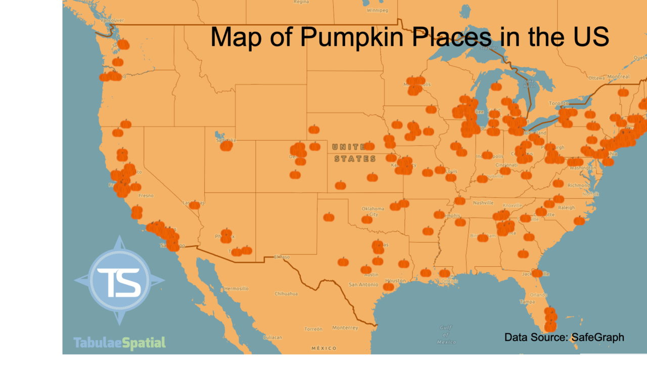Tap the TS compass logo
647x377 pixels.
120,280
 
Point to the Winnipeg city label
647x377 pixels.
377,10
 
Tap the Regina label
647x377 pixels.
301,2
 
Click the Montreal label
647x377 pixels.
618,77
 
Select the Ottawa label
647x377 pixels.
596,78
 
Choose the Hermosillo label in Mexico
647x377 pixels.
236,288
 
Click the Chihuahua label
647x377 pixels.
286,294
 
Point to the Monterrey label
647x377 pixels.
345,327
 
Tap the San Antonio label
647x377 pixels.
363,284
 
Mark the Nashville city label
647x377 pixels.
483,203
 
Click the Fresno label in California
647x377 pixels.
146,195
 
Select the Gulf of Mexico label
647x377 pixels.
445,334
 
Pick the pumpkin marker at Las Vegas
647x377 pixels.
195,205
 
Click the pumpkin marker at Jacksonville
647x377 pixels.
537,273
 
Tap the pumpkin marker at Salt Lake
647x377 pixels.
226,146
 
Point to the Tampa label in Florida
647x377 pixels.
527,302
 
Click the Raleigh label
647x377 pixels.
567,207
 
